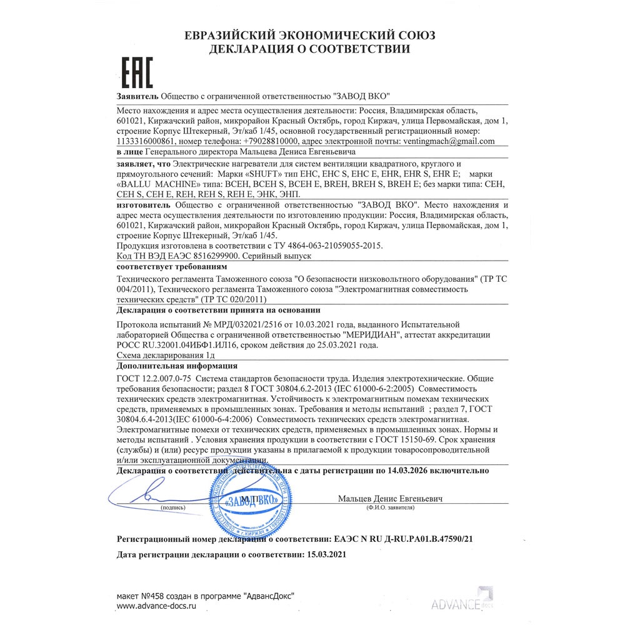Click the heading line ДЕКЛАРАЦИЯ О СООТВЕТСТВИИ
tap(311, 49)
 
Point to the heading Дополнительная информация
tap(177, 366)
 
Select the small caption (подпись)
tap(173, 509)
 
